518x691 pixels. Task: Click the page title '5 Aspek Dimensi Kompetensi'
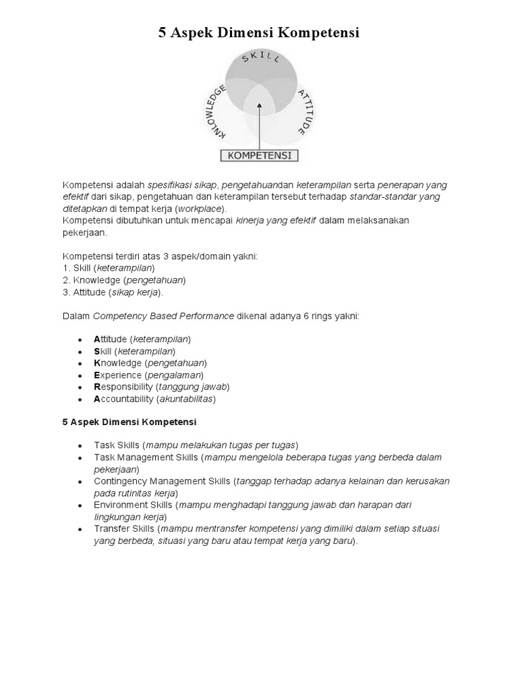(259, 32)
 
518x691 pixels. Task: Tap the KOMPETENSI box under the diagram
(260, 155)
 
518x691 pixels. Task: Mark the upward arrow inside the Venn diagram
(260, 125)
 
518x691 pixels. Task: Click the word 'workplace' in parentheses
(201, 209)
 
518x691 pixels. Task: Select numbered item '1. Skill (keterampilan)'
(109, 268)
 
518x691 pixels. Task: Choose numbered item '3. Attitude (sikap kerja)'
(113, 292)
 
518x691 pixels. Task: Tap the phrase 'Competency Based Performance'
(163, 315)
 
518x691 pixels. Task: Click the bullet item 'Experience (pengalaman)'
(148, 375)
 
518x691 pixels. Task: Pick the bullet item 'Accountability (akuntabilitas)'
(154, 399)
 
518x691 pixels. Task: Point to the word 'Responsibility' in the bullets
(123, 387)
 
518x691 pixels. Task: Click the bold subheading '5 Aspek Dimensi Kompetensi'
(129, 422)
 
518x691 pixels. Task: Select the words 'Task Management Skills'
(146, 457)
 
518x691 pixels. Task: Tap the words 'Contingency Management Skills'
(162, 481)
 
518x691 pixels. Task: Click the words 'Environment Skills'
(134, 505)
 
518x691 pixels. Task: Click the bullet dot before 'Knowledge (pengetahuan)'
(80, 363)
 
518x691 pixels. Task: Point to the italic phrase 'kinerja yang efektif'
(276, 221)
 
